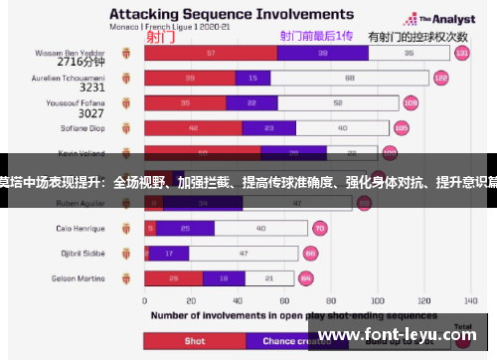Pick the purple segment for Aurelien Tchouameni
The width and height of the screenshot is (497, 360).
coord(252,78)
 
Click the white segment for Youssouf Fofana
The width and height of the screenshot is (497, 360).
coord(339,102)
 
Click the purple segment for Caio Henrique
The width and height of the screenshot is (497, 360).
coord(185,228)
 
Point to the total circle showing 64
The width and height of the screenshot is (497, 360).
coord(306,278)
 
